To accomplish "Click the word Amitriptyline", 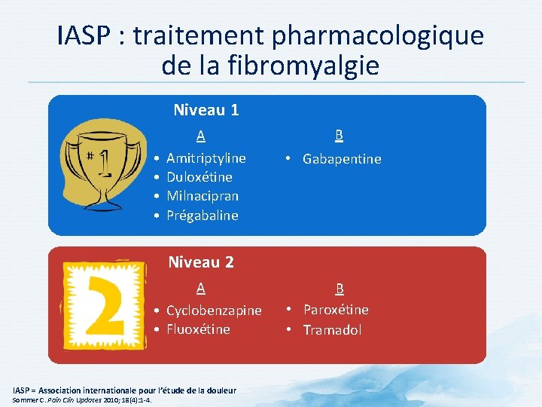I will coord(206,158).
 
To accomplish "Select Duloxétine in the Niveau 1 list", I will coord(199,177).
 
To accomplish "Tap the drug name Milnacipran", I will coord(202,196).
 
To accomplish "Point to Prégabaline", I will coord(202,216).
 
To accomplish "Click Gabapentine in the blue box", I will coord(342,159).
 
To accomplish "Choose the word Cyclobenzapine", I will coord(214,311).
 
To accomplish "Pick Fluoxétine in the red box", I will coord(198,329).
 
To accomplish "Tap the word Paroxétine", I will coord(336,310).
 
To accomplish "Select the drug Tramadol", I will coord(332,330).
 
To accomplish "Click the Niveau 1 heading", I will coord(206,110).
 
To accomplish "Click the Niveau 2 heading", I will coord(201,262).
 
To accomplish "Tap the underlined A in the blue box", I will coord(201,136).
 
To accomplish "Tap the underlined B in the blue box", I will coord(340,136).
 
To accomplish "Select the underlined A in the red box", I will coord(201,288).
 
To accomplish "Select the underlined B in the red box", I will coord(340,289).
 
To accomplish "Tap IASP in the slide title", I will coord(84,35).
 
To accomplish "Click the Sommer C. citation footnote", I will coord(82,399).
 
